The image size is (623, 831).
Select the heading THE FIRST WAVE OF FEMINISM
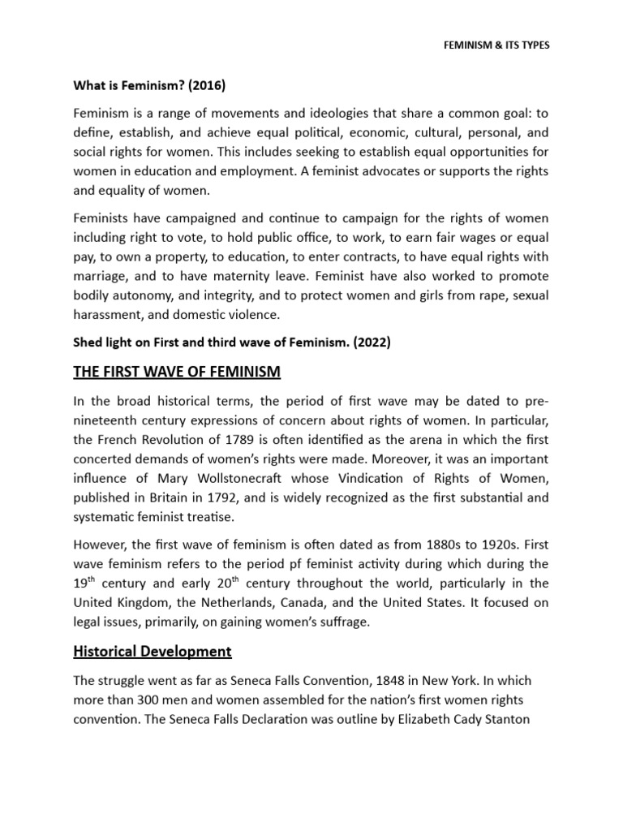pos(177,372)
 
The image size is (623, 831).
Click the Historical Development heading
pos(152,651)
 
